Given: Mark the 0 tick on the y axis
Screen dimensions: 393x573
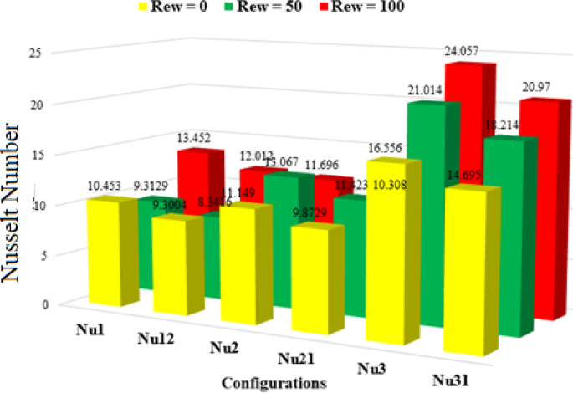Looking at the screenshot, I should (x=35, y=304).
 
